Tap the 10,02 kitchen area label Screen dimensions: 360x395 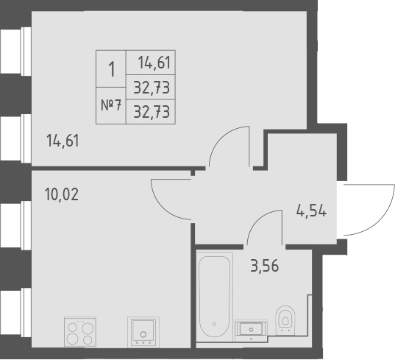(x=62, y=195)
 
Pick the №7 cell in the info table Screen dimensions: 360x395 (x=111, y=105)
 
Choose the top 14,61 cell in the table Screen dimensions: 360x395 (x=152, y=63)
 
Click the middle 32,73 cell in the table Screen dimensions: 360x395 (x=152, y=88)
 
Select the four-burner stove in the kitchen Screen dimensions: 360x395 (x=79, y=331)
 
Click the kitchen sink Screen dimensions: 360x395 (x=143, y=331)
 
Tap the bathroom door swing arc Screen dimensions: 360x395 (x=264, y=224)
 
